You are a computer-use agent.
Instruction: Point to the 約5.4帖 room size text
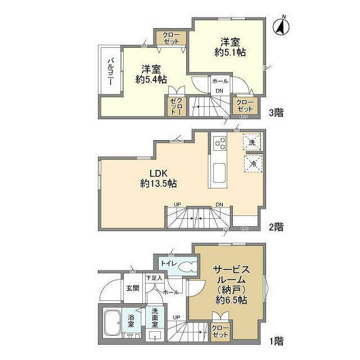pos(151,79)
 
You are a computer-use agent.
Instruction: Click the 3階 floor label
pos(276,112)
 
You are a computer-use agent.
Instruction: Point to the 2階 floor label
pos(276,227)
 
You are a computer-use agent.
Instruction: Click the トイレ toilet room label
pos(167,263)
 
